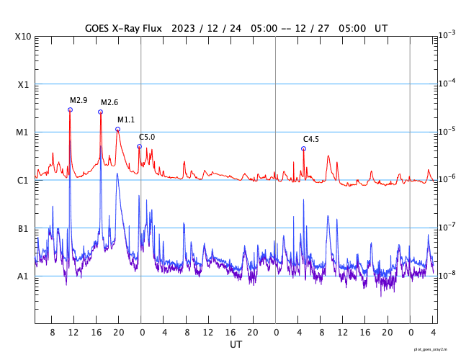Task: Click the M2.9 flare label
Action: click(x=79, y=100)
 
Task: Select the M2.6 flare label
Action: click(x=109, y=103)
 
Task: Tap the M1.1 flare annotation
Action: click(x=126, y=120)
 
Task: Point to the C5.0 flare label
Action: click(x=147, y=137)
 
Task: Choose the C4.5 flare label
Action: click(x=311, y=139)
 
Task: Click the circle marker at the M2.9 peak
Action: click(x=70, y=109)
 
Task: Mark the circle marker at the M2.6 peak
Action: click(x=101, y=112)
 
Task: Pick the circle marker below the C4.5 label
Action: click(x=303, y=148)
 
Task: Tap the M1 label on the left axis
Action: click(x=23, y=132)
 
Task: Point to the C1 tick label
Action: click(x=23, y=180)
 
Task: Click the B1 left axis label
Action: click(x=23, y=228)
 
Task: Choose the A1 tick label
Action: click(x=23, y=276)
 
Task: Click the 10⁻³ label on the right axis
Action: click(x=446, y=35)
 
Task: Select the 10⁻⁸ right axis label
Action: click(x=446, y=274)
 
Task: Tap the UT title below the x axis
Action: click(x=236, y=345)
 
